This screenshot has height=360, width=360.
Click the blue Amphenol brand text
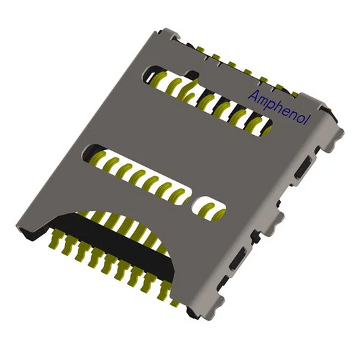280,107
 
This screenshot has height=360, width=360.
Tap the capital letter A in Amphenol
254,95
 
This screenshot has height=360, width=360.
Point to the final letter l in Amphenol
310,120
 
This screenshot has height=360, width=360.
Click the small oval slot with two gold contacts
209,209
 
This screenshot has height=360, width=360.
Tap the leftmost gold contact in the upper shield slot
157,80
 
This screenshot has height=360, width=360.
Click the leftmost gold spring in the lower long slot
97,158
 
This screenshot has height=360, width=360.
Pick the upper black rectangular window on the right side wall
303,167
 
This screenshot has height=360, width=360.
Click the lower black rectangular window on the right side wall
238,259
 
